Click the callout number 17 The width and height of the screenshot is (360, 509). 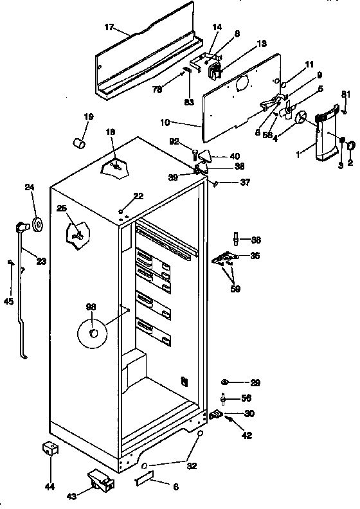pyautogui.click(x=109, y=28)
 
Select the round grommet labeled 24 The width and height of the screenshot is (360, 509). pyautogui.click(x=37, y=224)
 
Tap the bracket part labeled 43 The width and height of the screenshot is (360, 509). pyautogui.click(x=98, y=479)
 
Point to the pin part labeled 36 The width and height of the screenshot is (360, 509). pyautogui.click(x=236, y=240)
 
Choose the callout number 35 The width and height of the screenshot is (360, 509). pyautogui.click(x=255, y=255)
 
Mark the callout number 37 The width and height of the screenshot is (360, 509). pyautogui.click(x=245, y=183)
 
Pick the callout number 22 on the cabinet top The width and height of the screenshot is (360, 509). pyautogui.click(x=138, y=196)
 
